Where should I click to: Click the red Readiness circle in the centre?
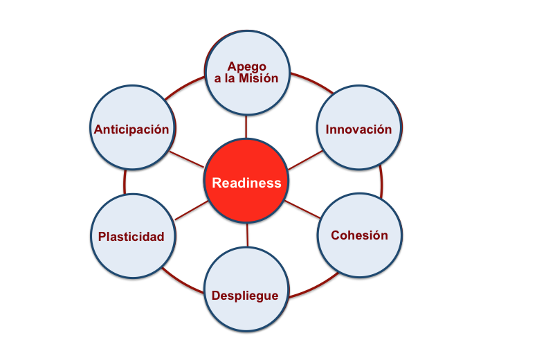tap(246, 181)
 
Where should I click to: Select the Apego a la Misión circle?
tap(246, 72)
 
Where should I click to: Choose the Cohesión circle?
tap(359, 235)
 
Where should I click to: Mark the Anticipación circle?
tap(132, 128)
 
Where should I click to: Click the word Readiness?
tap(246, 183)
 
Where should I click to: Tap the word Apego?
tap(246, 66)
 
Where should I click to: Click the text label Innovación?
tap(359, 129)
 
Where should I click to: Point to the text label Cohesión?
tap(359, 235)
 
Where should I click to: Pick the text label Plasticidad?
tap(131, 237)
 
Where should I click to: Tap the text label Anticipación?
tap(131, 129)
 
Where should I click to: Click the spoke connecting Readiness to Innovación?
tap(302, 159)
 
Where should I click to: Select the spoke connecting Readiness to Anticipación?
tap(188, 159)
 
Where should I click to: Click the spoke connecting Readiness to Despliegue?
tap(247, 235)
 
